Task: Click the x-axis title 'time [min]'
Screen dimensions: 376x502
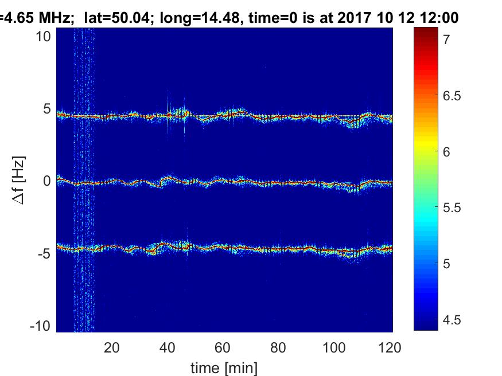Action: click(x=224, y=367)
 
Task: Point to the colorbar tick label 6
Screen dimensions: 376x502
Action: click(x=446, y=151)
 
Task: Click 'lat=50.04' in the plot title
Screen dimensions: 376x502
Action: click(x=111, y=18)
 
